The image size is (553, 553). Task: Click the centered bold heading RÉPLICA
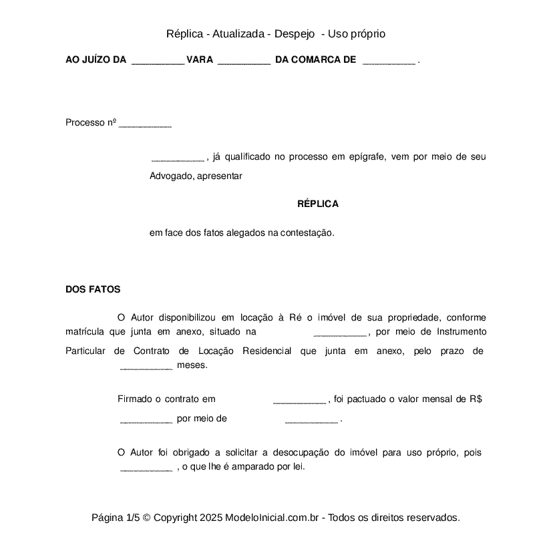(x=318, y=204)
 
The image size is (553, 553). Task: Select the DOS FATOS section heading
(x=93, y=289)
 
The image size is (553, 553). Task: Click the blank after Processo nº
(x=145, y=124)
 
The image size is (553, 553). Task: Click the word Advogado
(x=171, y=176)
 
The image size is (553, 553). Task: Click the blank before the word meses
(x=146, y=366)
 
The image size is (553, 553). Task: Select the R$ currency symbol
(x=476, y=399)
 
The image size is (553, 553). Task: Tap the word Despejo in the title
(x=295, y=33)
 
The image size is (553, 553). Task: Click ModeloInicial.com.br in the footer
(x=274, y=518)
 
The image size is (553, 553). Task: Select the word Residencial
(x=266, y=351)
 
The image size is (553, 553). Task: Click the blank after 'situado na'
(x=340, y=332)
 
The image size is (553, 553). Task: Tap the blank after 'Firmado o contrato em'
(x=299, y=400)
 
